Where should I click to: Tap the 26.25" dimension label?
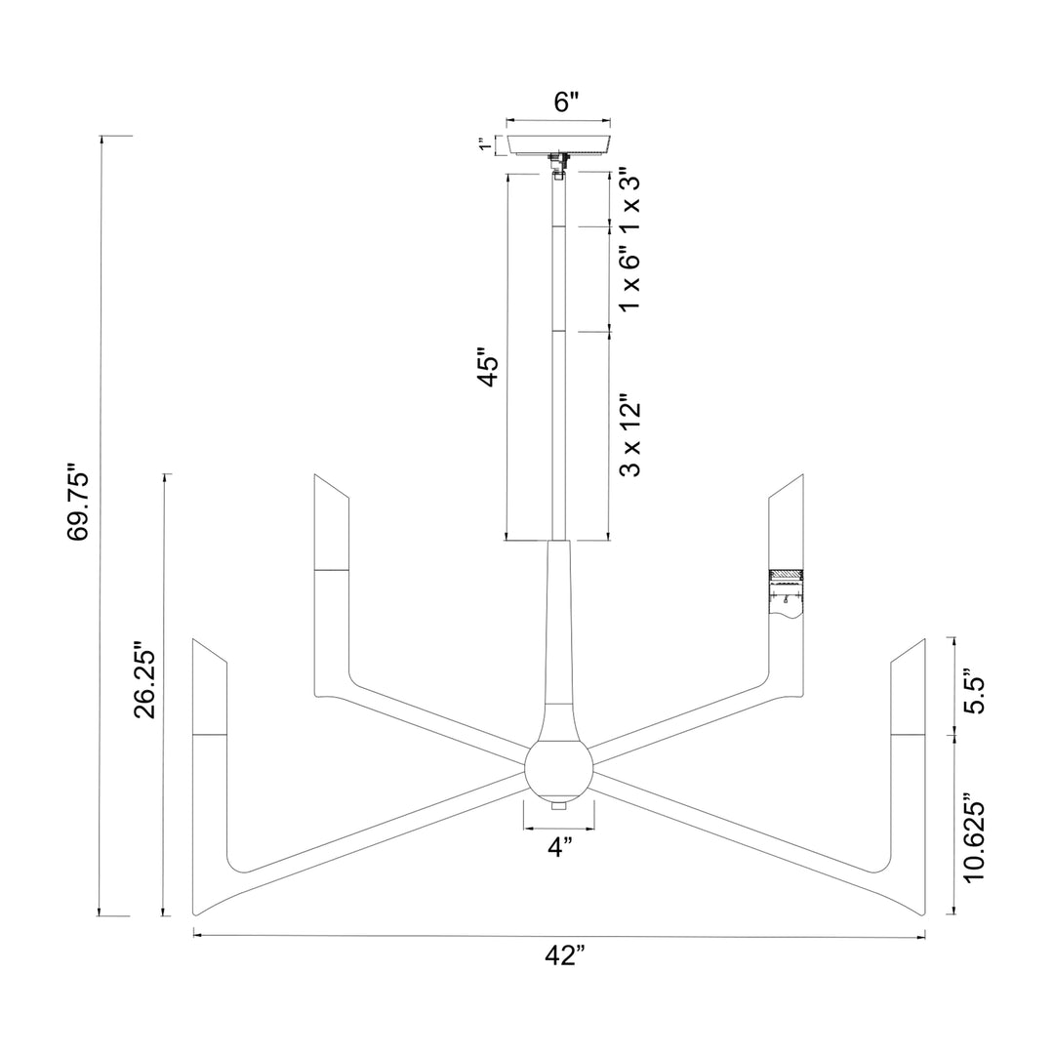pos(145,678)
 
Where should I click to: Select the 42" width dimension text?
pos(565,955)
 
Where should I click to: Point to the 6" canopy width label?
pos(566,101)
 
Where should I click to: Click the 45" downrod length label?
pos(489,367)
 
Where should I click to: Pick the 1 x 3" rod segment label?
pos(629,200)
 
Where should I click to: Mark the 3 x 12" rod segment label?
pos(629,439)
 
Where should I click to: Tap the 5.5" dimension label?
pos(974,690)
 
